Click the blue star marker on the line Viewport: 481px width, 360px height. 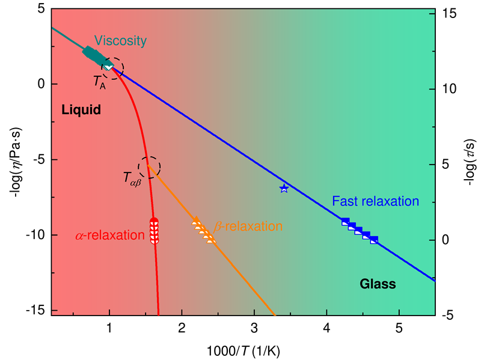[x=284, y=188]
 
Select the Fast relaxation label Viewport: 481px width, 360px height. [x=375, y=201]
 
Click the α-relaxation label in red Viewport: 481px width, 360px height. [x=111, y=236]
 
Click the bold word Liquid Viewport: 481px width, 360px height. [x=81, y=110]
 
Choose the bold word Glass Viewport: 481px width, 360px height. [x=378, y=284]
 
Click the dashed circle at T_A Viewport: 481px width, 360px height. [x=112, y=68]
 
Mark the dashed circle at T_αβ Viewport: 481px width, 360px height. [x=149, y=167]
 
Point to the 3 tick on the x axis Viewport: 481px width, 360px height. [x=254, y=328]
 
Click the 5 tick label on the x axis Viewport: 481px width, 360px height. [x=399, y=328]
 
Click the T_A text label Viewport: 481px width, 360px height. [x=99, y=84]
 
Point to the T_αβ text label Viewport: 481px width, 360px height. [x=132, y=178]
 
